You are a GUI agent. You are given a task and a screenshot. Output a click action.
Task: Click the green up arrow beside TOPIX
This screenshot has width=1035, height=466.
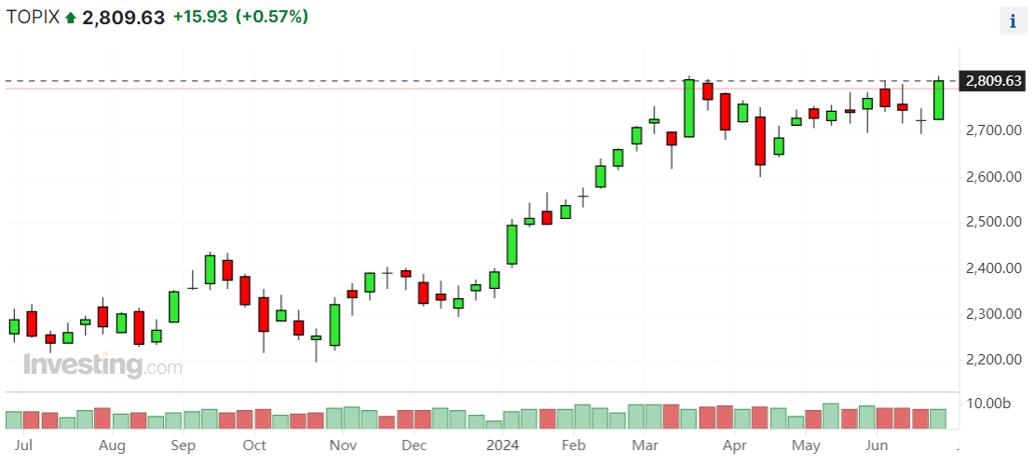pyautogui.click(x=71, y=18)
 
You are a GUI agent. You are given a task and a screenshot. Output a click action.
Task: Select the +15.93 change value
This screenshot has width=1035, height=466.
pyautogui.click(x=200, y=17)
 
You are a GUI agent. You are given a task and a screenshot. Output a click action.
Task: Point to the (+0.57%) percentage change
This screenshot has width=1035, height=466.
pyautogui.click(x=272, y=17)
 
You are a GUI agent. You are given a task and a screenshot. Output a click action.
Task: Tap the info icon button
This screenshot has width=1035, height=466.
pyautogui.click(x=1013, y=21)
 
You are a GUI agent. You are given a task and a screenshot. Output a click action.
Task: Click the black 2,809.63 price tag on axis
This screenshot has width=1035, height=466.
pyautogui.click(x=994, y=81)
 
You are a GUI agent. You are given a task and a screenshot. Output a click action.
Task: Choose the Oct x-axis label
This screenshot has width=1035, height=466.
pyautogui.click(x=254, y=445)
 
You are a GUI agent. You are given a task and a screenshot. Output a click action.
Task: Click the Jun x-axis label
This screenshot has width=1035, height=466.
pyautogui.click(x=877, y=445)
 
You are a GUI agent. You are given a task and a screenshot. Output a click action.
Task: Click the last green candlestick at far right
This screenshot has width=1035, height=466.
pyautogui.click(x=938, y=100)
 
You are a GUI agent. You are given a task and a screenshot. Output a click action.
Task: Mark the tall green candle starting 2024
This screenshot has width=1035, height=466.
pyautogui.click(x=511, y=244)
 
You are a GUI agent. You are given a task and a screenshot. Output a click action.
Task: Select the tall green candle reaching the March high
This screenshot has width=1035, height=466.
pyautogui.click(x=689, y=108)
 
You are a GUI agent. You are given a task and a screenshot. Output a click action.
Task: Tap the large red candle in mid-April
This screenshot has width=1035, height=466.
pyautogui.click(x=760, y=141)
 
